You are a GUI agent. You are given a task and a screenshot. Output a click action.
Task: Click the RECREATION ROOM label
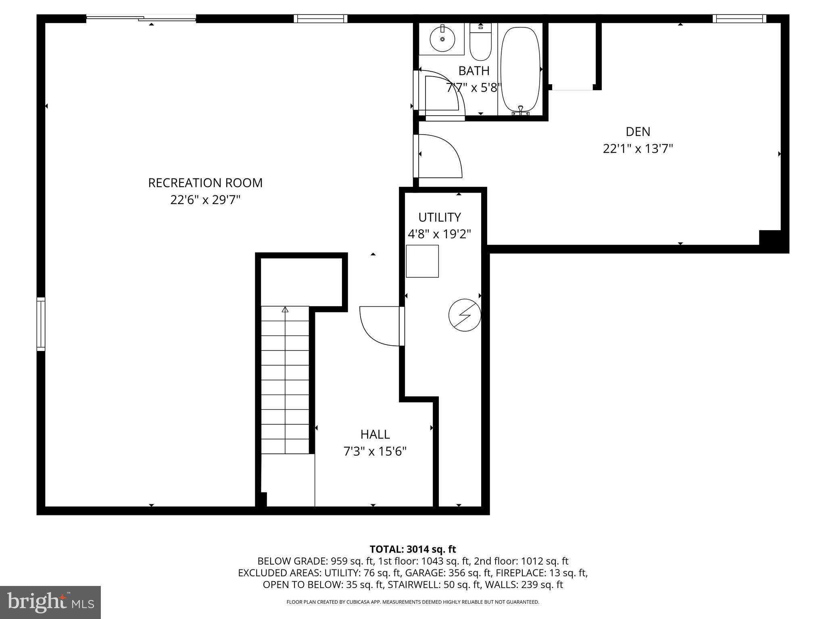click(205, 183)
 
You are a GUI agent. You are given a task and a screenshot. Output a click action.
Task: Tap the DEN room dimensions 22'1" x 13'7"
click(638, 149)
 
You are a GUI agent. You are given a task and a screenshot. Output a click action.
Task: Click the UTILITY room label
click(439, 217)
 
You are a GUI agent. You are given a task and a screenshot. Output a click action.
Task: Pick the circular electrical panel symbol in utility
click(465, 315)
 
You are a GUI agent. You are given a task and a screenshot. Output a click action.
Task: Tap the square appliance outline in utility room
click(422, 261)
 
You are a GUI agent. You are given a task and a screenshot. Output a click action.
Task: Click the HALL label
click(375, 434)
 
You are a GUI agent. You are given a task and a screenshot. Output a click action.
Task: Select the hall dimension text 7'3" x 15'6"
click(375, 451)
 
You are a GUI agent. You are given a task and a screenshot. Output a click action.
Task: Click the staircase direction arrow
click(285, 310)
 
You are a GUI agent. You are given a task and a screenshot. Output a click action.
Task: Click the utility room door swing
click(379, 326)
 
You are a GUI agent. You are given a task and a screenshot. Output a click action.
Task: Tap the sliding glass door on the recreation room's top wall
click(141, 18)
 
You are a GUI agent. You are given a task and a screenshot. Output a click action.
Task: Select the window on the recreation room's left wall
click(41, 324)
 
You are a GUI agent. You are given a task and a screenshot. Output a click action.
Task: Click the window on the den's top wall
click(739, 19)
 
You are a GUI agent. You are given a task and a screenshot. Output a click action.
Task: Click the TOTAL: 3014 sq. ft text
click(413, 549)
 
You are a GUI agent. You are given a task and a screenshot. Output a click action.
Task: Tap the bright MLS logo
click(50, 602)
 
